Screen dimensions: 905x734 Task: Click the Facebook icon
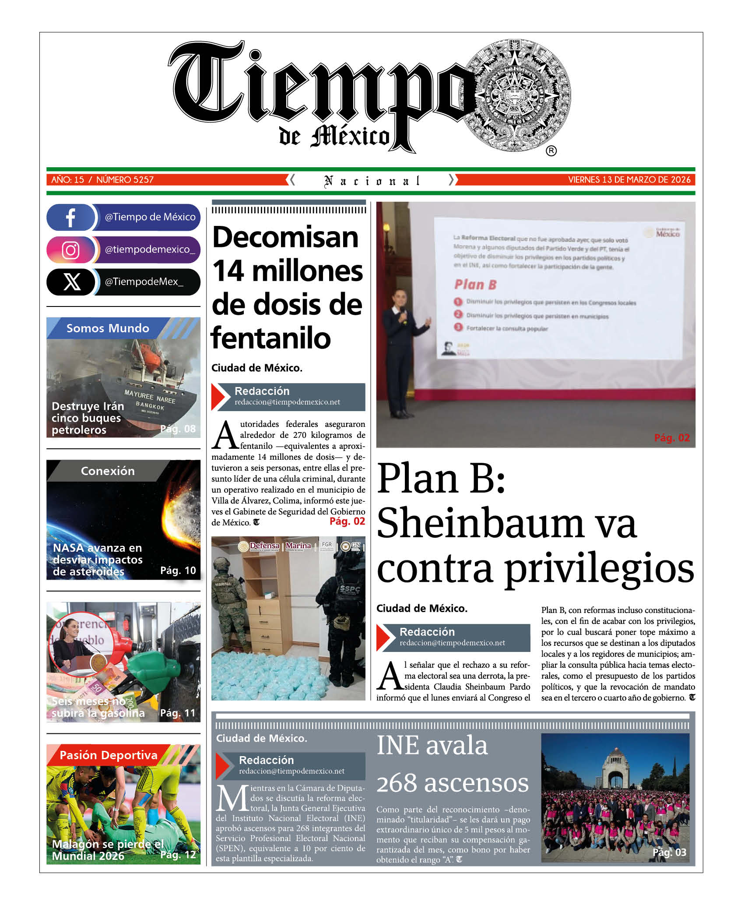(x=70, y=217)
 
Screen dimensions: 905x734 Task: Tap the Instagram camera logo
(x=70, y=250)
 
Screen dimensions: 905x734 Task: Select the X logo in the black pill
(x=72, y=282)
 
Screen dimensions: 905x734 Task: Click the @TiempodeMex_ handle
(x=144, y=282)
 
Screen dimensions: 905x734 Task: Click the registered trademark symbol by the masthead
(x=551, y=151)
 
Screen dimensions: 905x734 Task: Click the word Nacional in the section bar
(x=372, y=180)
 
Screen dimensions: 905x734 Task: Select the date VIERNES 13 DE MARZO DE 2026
(x=629, y=180)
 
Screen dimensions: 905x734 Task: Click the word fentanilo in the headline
(x=270, y=338)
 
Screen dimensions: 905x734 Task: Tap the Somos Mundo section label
(x=108, y=328)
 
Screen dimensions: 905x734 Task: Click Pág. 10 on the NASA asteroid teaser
(x=178, y=570)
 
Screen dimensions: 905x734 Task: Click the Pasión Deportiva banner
(x=108, y=755)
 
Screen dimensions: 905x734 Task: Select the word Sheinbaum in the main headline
(x=506, y=524)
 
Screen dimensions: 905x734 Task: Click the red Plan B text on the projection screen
(x=475, y=285)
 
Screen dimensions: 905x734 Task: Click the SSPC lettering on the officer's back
(x=350, y=590)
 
